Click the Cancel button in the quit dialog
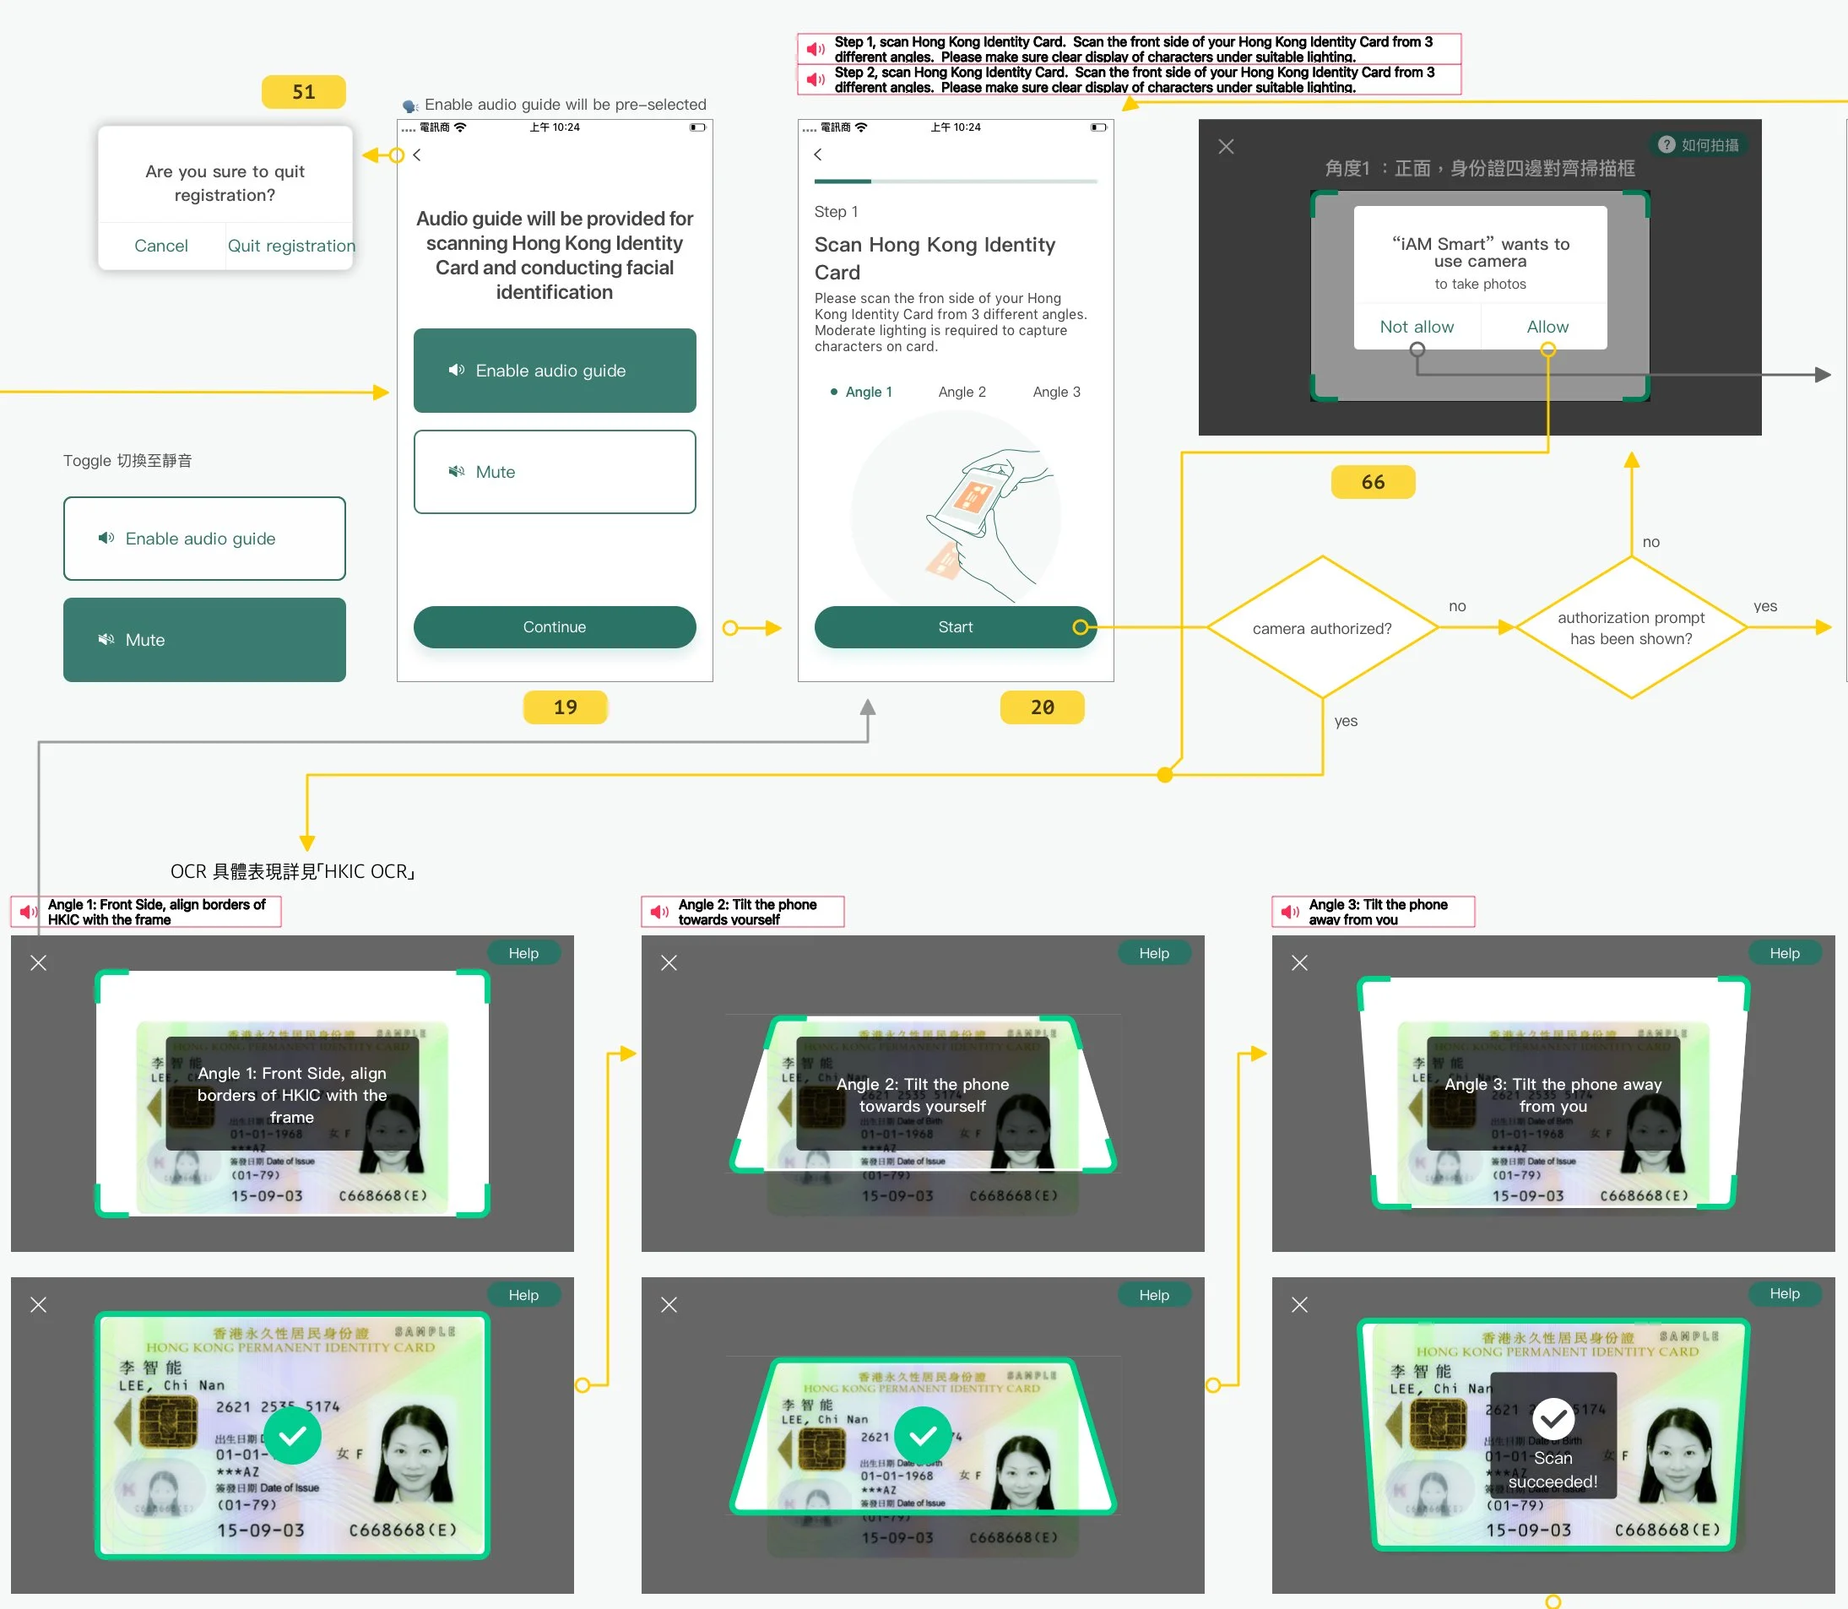point(160,246)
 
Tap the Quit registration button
point(291,246)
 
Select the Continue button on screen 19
point(554,626)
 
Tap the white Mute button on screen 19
point(554,472)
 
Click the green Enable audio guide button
point(554,371)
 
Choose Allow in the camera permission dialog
point(1547,327)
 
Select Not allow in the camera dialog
point(1416,327)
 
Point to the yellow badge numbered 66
point(1372,482)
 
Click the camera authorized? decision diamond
point(1322,627)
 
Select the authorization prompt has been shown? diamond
point(1631,627)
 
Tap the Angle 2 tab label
point(962,393)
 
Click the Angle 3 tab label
point(1056,393)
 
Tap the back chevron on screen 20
point(818,154)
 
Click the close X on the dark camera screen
point(1226,146)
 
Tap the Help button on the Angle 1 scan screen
point(523,952)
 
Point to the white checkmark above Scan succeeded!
point(1553,1419)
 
